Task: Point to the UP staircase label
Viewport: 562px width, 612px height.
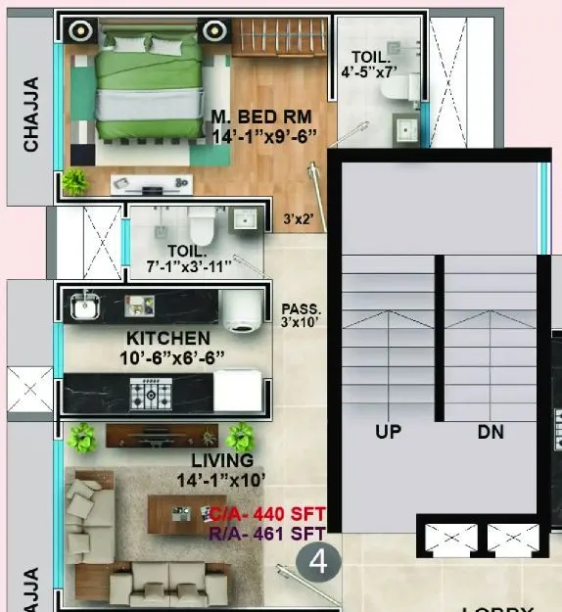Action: [389, 432]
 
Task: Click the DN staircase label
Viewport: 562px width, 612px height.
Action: [491, 432]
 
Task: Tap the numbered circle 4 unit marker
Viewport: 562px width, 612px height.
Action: [317, 563]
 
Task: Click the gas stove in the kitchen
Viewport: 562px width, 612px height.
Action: [152, 395]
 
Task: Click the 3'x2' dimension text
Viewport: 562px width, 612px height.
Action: [300, 219]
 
